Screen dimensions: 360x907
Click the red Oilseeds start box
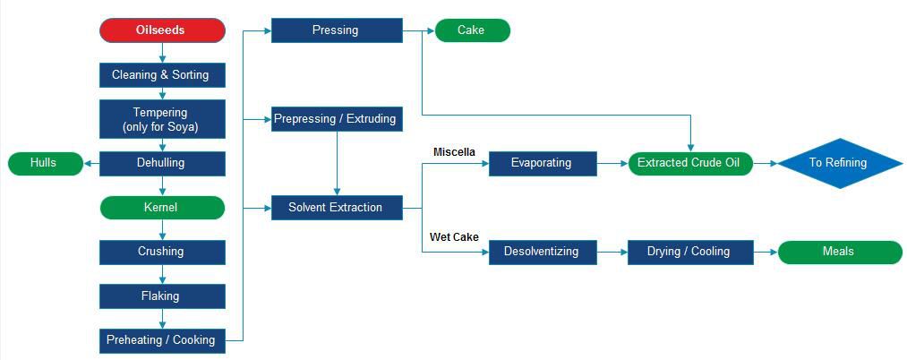coord(161,30)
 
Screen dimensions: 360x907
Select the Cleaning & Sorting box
coord(161,75)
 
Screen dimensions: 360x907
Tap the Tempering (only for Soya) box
coord(161,119)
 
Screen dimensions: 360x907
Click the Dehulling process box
coord(161,163)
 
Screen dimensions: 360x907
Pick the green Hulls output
coord(44,163)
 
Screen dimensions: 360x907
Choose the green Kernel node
coord(161,208)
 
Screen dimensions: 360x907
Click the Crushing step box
coord(161,252)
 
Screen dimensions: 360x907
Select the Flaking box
coord(161,296)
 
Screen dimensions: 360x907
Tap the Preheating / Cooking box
coord(161,340)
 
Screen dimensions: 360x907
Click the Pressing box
coord(336,30)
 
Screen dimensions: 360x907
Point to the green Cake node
coord(472,30)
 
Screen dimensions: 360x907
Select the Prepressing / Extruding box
coord(336,119)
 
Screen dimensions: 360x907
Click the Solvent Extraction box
coord(336,208)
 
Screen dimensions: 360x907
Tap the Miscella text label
coord(454,151)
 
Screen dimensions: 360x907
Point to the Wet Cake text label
coord(454,237)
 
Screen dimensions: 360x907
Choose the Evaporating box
coord(543,163)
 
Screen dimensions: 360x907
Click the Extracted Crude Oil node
coord(689,163)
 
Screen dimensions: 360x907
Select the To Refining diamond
coord(838,163)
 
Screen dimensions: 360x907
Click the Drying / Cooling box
coord(689,252)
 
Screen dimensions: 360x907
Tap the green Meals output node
coord(839,252)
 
